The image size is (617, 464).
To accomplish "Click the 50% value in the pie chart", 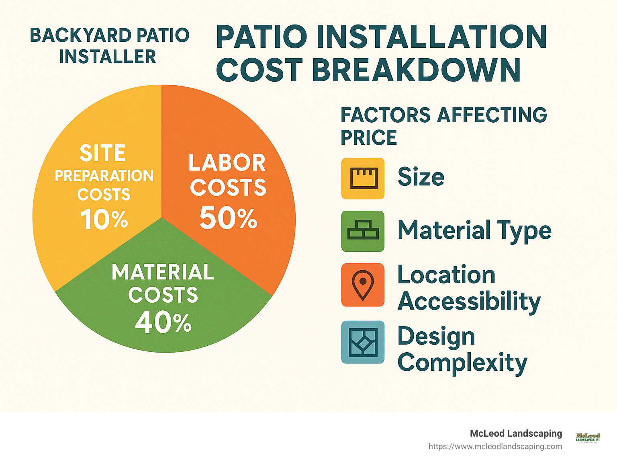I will tap(228, 219).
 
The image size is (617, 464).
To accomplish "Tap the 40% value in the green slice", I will tap(163, 323).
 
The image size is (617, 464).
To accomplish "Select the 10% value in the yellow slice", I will tap(104, 220).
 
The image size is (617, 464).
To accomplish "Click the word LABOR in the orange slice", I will tap(227, 163).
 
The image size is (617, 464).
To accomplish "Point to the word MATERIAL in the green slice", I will tap(163, 272).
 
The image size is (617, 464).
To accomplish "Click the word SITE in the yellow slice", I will tap(102, 153).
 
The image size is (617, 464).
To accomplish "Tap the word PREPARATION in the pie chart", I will tap(104, 176).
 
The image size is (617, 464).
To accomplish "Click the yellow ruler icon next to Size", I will tap(363, 179).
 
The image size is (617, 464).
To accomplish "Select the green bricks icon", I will tap(363, 231).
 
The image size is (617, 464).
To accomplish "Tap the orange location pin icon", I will tap(363, 285).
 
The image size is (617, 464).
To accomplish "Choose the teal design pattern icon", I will tap(363, 342).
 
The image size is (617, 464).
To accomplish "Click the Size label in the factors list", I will tap(421, 177).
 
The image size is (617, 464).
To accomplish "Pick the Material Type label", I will tap(474, 230).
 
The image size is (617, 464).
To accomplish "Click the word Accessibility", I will tap(469, 302).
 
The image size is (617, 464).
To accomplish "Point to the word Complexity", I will tap(462, 363).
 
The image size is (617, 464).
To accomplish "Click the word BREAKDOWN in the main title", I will tap(416, 70).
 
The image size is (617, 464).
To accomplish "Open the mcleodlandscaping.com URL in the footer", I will tap(495, 446).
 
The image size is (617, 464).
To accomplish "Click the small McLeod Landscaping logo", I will tap(588, 437).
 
